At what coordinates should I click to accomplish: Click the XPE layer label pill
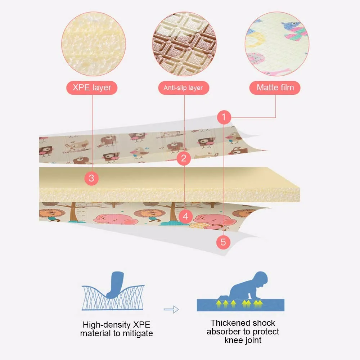coord(92,87)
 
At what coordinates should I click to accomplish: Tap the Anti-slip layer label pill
coord(183,88)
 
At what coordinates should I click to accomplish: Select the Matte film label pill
coord(275,87)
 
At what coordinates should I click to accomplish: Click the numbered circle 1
coord(224,117)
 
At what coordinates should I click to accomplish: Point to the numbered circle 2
coord(184,158)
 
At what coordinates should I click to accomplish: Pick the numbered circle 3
coord(91,178)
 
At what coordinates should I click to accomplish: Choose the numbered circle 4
coord(185,216)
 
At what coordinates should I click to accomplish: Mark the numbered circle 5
coord(223,242)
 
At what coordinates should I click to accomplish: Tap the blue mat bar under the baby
coord(240,305)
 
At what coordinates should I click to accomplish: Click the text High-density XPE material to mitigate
coord(116,329)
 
